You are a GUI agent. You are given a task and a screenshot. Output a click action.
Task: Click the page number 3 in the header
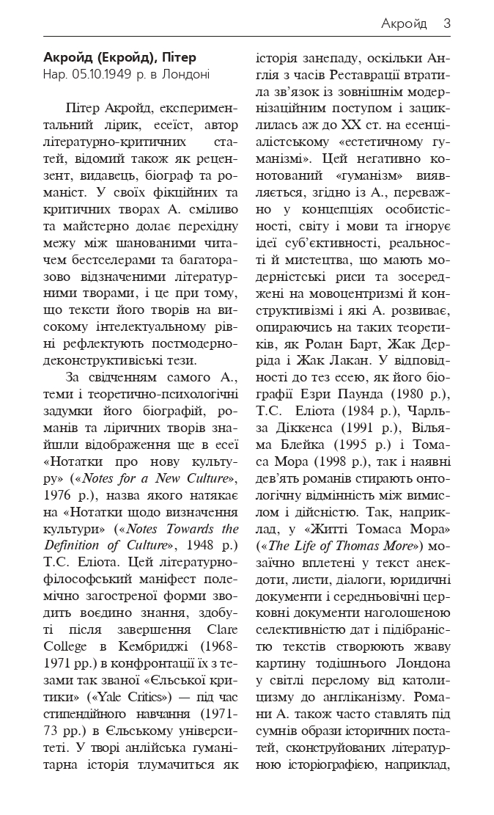[446, 24]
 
